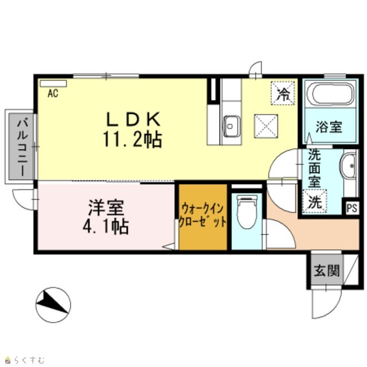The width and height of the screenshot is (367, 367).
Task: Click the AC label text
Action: click(53, 93)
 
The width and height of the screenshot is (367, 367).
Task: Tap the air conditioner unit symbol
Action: click(53, 84)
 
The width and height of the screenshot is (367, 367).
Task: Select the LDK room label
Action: click(134, 119)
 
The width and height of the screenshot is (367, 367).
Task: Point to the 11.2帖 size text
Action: click(132, 139)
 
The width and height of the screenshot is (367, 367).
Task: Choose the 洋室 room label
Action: click(106, 208)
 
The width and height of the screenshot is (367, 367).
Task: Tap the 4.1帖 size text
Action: click(106, 227)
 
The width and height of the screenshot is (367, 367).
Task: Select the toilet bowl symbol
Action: click(247, 212)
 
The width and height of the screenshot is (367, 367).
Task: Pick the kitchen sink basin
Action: click(232, 126)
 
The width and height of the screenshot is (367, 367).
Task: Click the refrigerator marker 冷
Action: click(283, 93)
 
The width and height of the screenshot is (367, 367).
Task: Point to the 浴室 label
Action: click(329, 127)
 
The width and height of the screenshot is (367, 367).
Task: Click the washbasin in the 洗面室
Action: click(349, 166)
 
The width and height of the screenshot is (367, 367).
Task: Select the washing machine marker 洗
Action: click(315, 201)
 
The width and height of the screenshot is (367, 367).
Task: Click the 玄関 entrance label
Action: click(327, 271)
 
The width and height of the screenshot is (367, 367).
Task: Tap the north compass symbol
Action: click(53, 304)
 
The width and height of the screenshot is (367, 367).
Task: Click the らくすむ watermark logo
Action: click(25, 360)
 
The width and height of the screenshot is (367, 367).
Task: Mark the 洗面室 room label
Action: click(314, 168)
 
